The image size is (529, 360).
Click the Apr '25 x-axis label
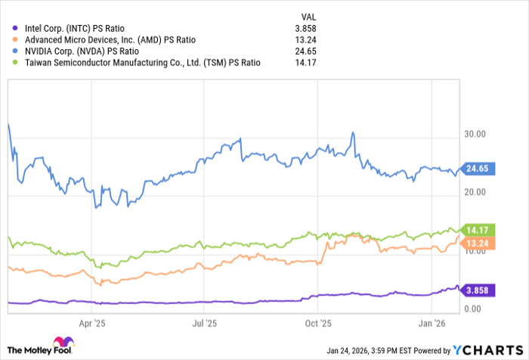(x=91, y=323)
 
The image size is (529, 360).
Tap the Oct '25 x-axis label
(x=319, y=323)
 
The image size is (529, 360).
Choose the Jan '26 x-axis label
(x=432, y=323)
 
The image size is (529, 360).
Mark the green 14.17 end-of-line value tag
(x=478, y=228)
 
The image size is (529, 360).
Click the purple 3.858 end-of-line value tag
(x=478, y=290)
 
